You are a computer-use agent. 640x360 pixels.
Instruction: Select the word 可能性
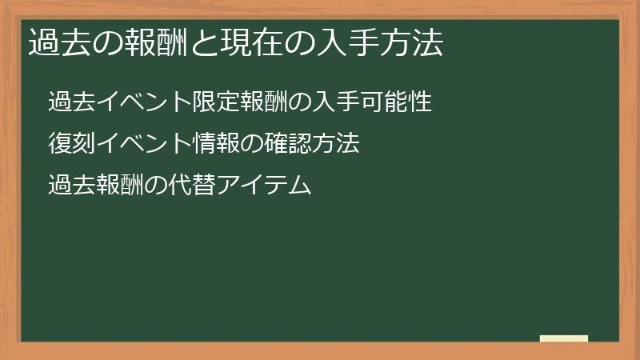397,102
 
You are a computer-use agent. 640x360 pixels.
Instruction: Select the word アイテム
275,186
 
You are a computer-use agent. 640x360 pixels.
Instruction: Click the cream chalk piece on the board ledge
564,338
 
